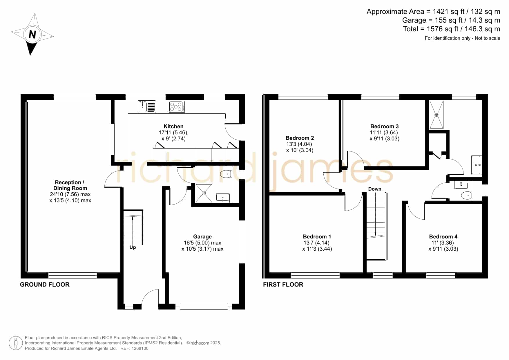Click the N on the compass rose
coord(32,35)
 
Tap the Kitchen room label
coord(173,126)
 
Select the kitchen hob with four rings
coord(177,106)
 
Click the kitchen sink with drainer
coord(147,106)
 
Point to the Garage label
coord(202,237)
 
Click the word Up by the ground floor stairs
coord(133,247)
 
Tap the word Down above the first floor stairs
coord(375,189)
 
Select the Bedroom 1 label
coord(317,237)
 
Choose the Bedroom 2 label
coord(300,138)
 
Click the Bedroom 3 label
coord(384,126)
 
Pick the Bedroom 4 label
coord(443,237)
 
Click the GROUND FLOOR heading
coord(45,285)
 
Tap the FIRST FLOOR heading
coord(283,285)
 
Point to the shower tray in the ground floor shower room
coord(204,193)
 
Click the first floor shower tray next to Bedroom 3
coord(436,115)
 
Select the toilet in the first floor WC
coord(467,196)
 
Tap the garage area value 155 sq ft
coord(447,20)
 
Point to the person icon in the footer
coord(16,343)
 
